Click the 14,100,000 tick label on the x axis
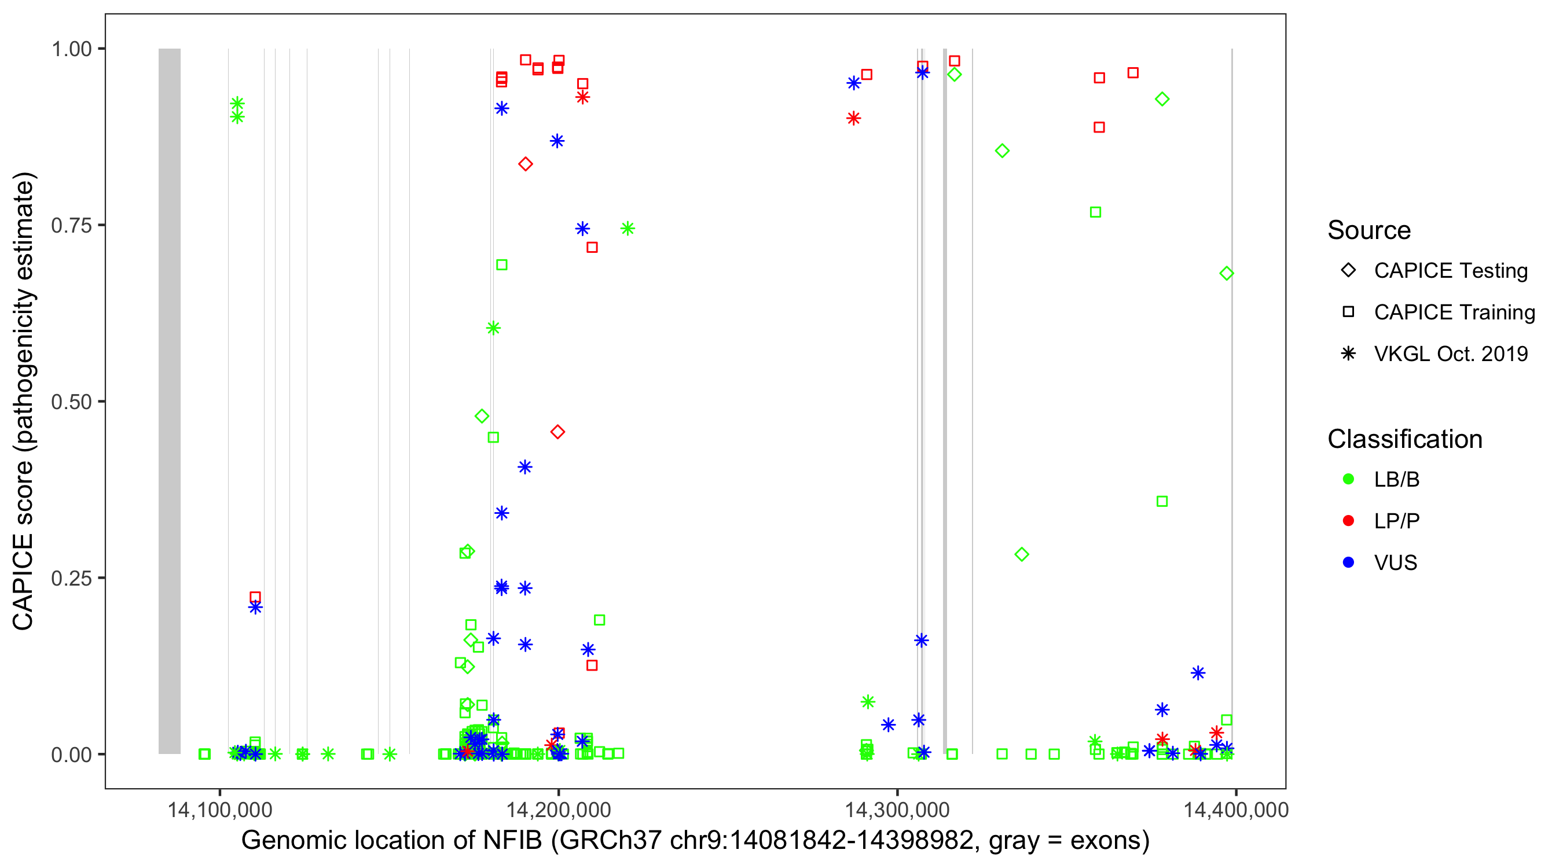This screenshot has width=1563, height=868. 219,809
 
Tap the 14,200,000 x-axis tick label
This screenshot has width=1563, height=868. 558,809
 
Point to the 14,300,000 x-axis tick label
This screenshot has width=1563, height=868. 897,809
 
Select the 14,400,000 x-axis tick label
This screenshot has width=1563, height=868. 1235,809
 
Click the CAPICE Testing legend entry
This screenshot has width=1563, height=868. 1450,271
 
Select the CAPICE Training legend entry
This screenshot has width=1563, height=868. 1454,312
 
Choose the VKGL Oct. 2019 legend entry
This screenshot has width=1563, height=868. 1450,354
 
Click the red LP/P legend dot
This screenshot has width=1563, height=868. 1348,521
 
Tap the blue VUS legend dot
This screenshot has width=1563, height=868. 1348,563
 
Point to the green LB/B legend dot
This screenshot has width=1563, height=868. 1348,479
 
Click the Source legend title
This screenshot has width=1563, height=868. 1369,230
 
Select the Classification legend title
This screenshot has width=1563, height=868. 1404,439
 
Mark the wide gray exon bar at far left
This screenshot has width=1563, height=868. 169,400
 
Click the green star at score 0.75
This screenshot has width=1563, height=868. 628,229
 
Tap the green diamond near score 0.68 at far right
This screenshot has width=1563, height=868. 1226,274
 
